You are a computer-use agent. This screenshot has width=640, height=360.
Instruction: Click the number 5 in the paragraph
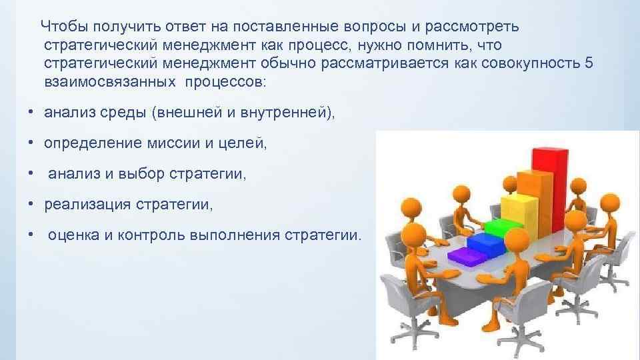click(x=587, y=64)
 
